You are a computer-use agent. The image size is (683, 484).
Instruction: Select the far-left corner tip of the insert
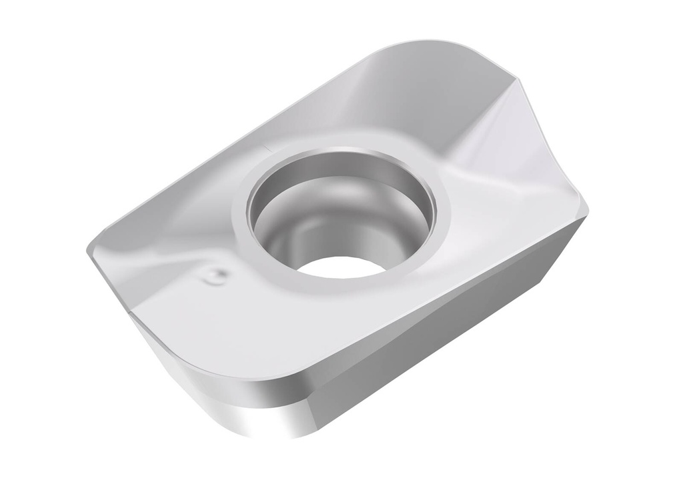(89, 253)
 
